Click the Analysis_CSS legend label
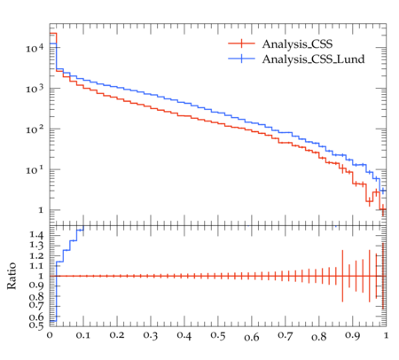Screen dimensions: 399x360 [297, 44]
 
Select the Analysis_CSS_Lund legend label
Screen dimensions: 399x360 [313, 59]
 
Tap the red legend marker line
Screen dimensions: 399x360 [241, 43]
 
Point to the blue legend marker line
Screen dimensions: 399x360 [241, 59]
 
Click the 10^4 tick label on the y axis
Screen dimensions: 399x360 [35, 48]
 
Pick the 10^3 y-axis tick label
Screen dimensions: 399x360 [35, 89]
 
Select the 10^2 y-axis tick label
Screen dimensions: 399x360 [35, 129]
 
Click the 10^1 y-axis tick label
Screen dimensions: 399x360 [35, 170]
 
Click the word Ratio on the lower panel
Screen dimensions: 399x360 [12, 276]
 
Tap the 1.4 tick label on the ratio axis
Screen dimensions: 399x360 [36, 235]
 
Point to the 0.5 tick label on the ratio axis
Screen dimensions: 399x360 [36, 325]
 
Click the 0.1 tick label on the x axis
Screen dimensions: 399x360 [83, 335]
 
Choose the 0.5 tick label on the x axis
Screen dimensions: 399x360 [218, 335]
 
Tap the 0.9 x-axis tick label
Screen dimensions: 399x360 [353, 335]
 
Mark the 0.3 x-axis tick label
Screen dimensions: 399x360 [151, 335]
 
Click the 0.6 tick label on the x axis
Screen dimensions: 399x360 [252, 337]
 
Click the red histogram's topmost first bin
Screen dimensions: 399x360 [53, 33]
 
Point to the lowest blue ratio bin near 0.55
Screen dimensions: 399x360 [53, 321]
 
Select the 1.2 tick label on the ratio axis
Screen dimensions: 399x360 [36, 255]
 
